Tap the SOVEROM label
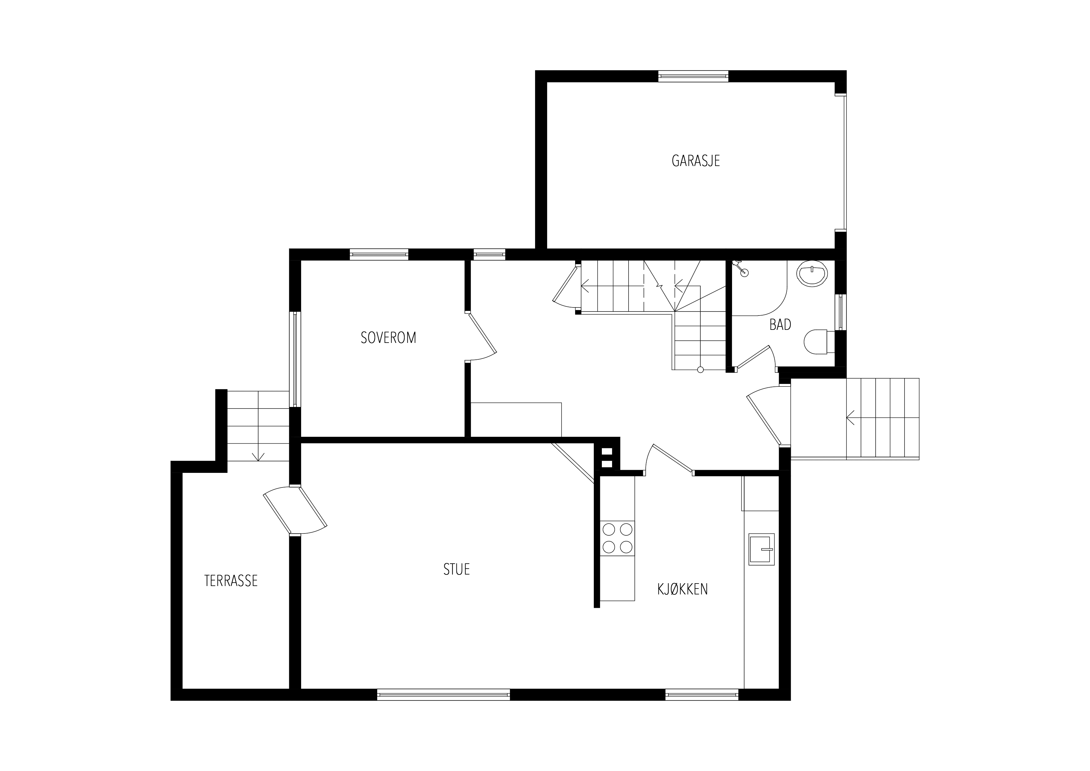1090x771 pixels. (x=388, y=338)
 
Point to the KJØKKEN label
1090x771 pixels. (x=682, y=589)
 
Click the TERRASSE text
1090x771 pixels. (x=231, y=580)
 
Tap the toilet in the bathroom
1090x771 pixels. (x=819, y=342)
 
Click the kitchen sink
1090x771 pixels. (x=762, y=549)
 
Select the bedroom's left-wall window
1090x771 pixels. (x=295, y=359)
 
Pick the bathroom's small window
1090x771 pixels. (x=841, y=312)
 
